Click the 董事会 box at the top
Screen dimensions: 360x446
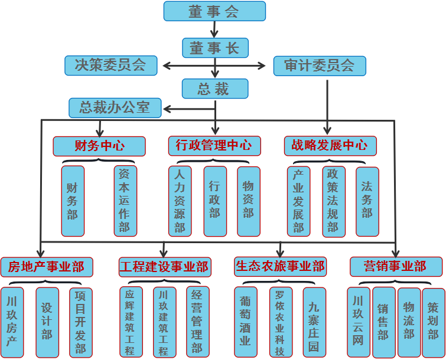214,12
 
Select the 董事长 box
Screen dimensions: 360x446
214,48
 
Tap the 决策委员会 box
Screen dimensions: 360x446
110,65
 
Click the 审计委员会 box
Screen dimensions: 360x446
320,66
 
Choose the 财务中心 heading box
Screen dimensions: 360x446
99,146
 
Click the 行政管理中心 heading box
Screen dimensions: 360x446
214,146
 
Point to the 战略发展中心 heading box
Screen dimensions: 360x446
330,146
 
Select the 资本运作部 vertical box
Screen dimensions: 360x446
125,201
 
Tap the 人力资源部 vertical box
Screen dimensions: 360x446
180,201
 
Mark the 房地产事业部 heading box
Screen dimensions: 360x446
46,267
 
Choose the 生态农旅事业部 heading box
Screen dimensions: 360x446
280,266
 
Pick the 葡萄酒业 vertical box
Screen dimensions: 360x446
245,322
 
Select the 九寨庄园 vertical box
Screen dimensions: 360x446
314,322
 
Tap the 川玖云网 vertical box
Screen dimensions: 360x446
358,322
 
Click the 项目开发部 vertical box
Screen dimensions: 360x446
81,322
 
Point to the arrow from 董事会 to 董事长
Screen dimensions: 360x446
214,29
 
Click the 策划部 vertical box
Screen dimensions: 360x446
433,322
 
